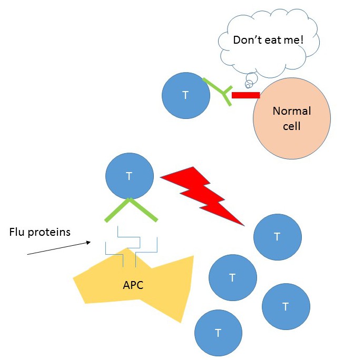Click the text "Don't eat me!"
(x=269, y=40)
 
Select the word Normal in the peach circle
(x=291, y=111)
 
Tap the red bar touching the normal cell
(x=245, y=95)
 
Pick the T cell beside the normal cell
(x=185, y=95)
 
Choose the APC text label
(x=133, y=285)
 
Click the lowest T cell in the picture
(x=218, y=333)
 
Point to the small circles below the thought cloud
(x=251, y=79)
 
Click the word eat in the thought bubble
(x=274, y=40)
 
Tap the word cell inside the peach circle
(x=291, y=126)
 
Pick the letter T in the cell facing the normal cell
(x=185, y=95)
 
